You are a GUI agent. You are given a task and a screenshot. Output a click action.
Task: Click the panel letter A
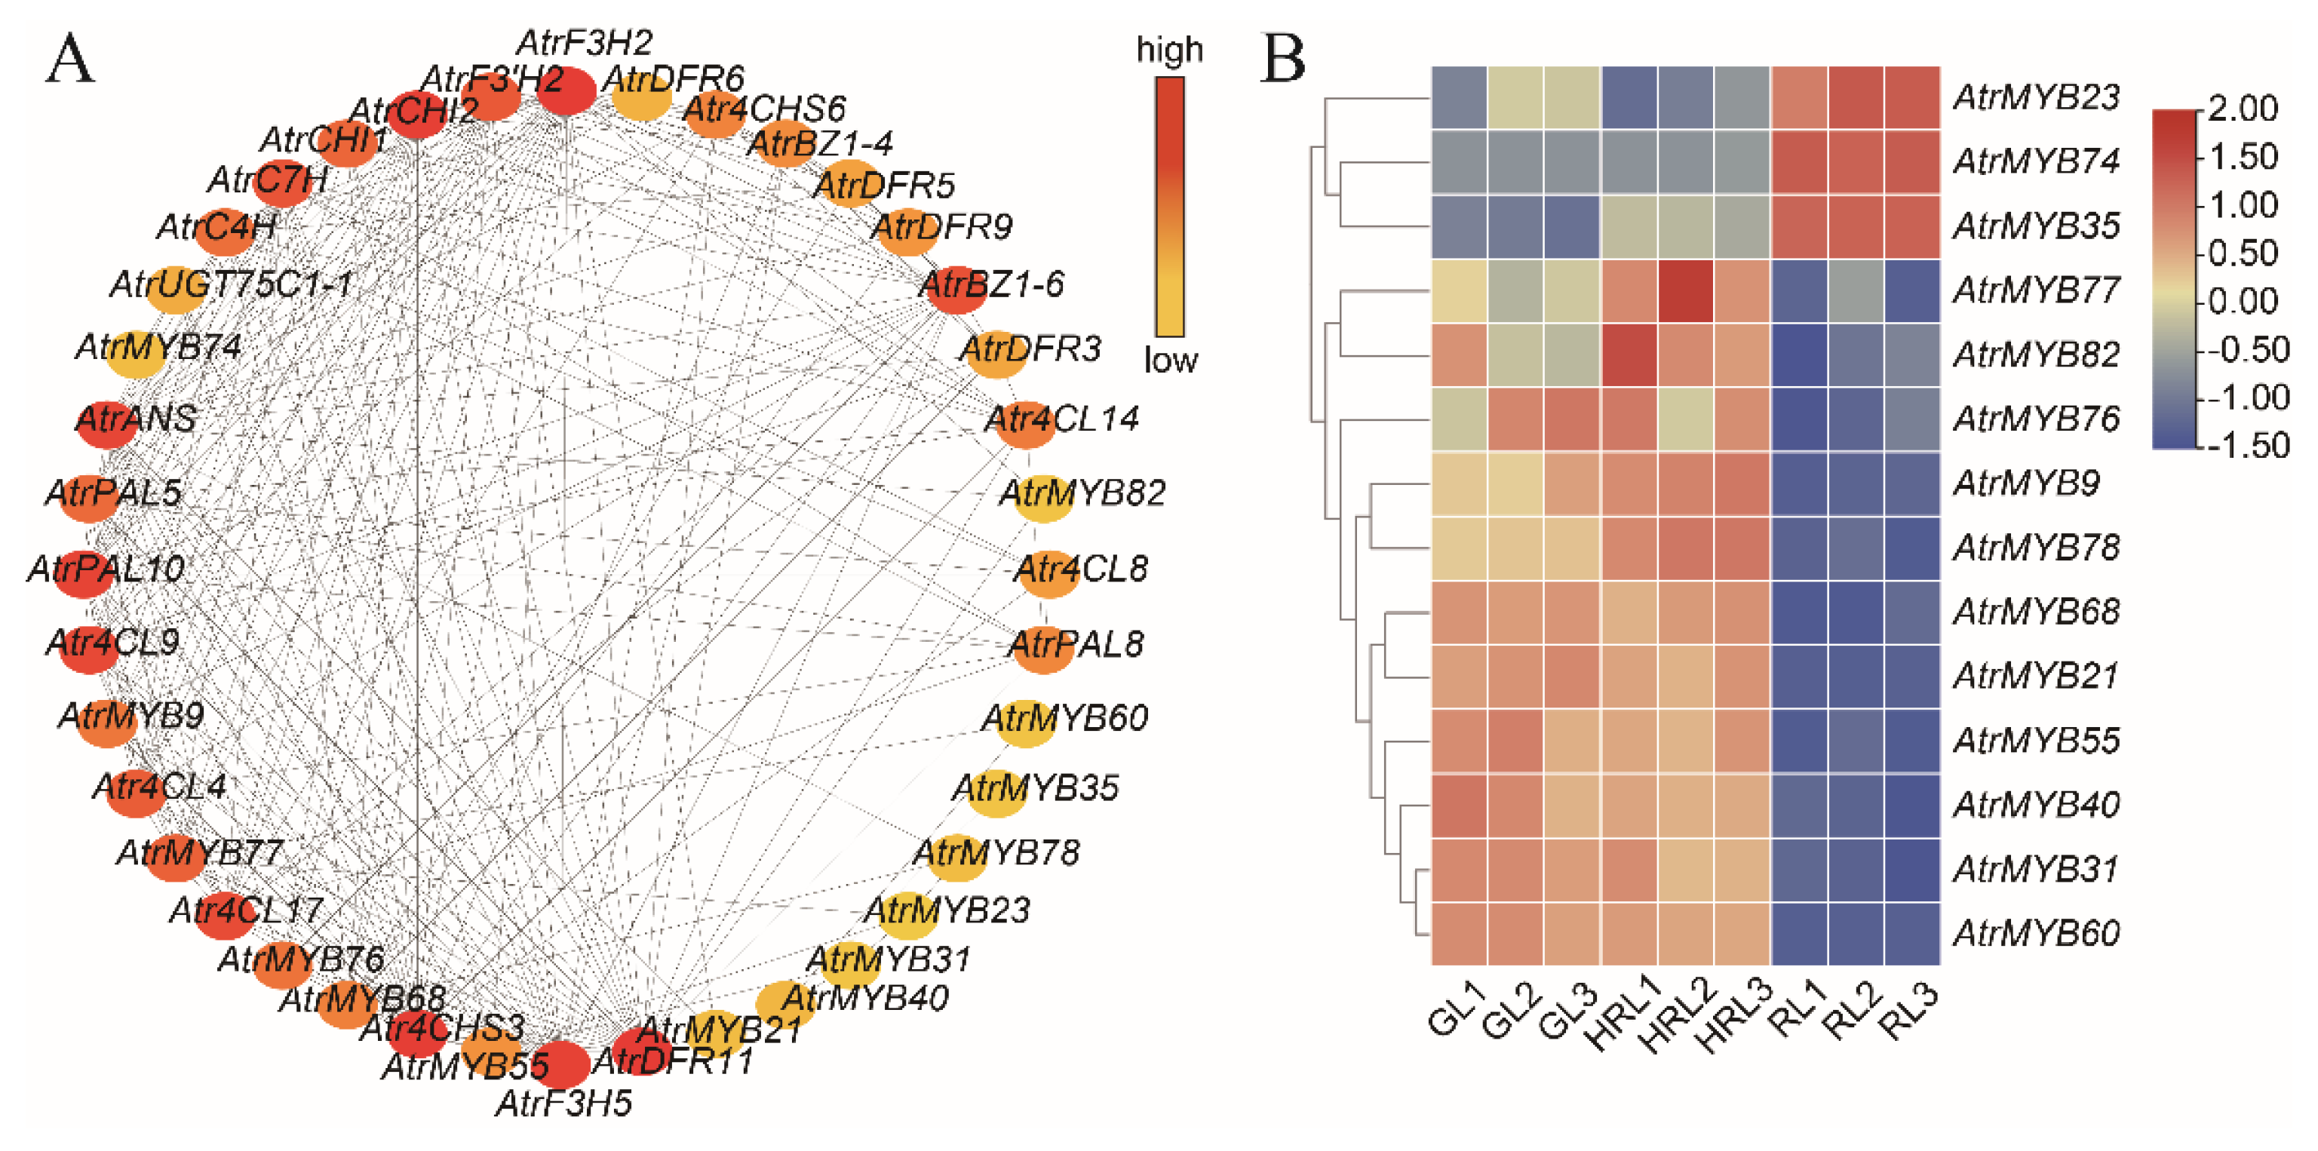[x=69, y=60]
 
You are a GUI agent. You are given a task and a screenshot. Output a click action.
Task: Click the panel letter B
[x=1283, y=60]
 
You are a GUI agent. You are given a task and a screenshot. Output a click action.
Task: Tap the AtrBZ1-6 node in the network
[x=956, y=290]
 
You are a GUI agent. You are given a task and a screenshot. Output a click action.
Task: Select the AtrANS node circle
[x=106, y=425]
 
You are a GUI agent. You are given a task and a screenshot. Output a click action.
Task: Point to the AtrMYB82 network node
[x=1044, y=498]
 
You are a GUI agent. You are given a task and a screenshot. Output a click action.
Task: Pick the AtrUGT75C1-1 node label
[x=232, y=284]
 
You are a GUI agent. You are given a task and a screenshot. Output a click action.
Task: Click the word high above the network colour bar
[x=1169, y=50]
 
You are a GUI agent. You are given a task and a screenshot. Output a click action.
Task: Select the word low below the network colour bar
[x=1171, y=360]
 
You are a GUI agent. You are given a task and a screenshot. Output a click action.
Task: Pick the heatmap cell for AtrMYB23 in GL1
[x=1459, y=97]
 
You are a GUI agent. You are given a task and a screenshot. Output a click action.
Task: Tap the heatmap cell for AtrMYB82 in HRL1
[x=1629, y=355]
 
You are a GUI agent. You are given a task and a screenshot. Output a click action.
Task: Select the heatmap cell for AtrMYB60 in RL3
[x=1912, y=933]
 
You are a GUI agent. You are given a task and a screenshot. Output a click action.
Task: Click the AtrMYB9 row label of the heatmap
[x=2026, y=483]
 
